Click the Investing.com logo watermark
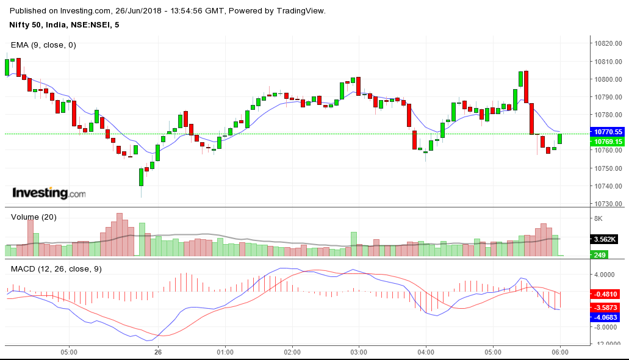pyautogui.click(x=49, y=193)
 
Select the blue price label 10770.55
pyautogui.click(x=608, y=132)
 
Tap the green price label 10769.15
pyautogui.click(x=608, y=142)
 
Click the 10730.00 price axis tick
pyautogui.click(x=608, y=204)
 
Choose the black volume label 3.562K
pyautogui.click(x=606, y=239)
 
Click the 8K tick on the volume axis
pyautogui.click(x=598, y=218)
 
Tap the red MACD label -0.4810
pyautogui.click(x=608, y=293)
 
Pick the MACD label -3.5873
pyautogui.click(x=608, y=308)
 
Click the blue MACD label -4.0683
pyautogui.click(x=608, y=317)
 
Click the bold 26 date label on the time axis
pyautogui.click(x=158, y=352)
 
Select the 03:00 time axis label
pyautogui.click(x=359, y=352)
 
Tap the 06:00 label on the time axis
pyautogui.click(x=560, y=352)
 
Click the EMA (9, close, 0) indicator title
pyautogui.click(x=43, y=45)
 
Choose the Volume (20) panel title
pyautogui.click(x=34, y=217)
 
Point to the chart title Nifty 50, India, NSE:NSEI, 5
pyautogui.click(x=64, y=24)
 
